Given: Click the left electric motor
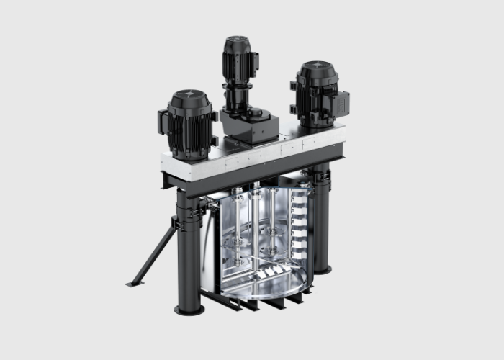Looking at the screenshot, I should tap(189, 126).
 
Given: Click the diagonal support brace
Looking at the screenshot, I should tap(155, 252).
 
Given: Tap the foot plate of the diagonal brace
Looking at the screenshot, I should tap(134, 283).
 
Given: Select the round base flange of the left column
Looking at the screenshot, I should tap(189, 309).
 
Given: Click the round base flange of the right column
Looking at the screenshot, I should tap(321, 270).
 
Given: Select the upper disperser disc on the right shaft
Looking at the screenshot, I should tap(274, 234).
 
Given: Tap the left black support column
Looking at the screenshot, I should tap(189, 259).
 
